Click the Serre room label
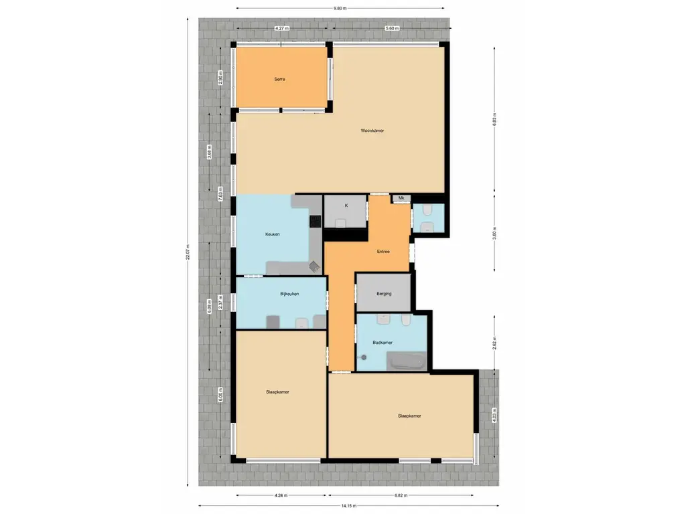click(x=280, y=79)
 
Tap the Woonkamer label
click(x=372, y=131)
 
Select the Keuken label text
click(x=272, y=234)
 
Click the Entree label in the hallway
click(x=383, y=252)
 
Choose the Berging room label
click(x=384, y=294)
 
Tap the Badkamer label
click(x=382, y=342)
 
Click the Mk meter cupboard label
click(x=401, y=198)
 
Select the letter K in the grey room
click(x=346, y=205)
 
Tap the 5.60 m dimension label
click(x=392, y=28)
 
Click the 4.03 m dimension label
click(x=494, y=415)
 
